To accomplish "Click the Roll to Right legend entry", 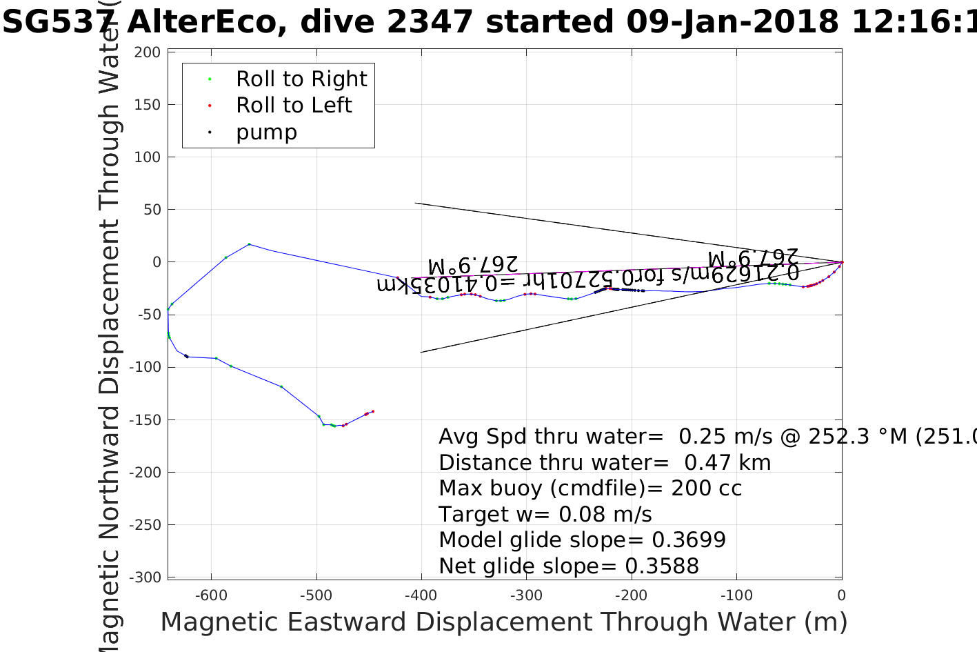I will [301, 79].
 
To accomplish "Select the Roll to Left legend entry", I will [294, 106].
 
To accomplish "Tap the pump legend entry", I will [266, 132].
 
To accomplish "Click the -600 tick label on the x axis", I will [211, 595].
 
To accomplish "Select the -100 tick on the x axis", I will [736, 595].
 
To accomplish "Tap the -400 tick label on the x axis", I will [421, 595].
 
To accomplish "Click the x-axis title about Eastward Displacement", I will [503, 622].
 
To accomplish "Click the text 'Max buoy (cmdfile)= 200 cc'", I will [590, 488].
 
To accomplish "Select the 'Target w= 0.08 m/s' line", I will [545, 515].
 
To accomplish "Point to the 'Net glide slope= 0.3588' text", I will [569, 566].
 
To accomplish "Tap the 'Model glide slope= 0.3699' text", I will [582, 540].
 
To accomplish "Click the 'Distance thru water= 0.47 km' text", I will [605, 463].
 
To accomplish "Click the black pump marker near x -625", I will [186, 356].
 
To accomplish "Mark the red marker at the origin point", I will [842, 262].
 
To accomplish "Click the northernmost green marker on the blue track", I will [249, 244].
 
